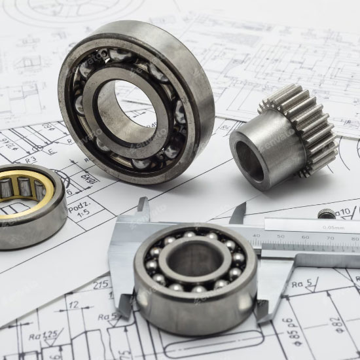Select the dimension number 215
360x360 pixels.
[100, 285]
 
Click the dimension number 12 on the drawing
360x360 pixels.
[73, 304]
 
